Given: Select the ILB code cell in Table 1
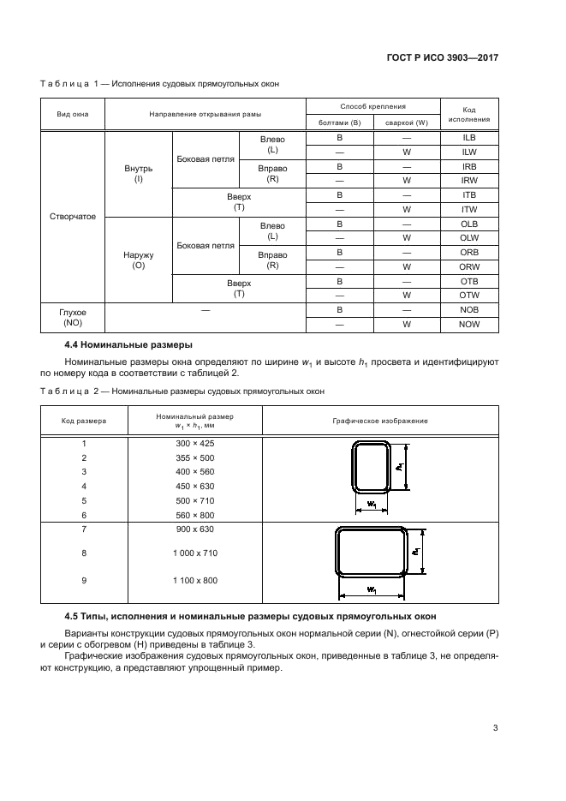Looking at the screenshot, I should [x=468, y=138].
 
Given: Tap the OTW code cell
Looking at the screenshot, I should [x=468, y=296].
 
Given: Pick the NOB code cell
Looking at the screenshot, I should [x=468, y=310].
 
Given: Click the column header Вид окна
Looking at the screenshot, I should [x=73, y=114].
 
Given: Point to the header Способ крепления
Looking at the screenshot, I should [x=372, y=106].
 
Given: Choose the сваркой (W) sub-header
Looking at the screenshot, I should [x=406, y=123].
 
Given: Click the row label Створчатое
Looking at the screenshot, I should [x=73, y=217].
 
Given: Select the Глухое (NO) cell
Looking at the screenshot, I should [x=73, y=318].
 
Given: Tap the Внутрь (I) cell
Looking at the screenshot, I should [x=138, y=174].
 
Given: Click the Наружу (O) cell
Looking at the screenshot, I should [x=138, y=260].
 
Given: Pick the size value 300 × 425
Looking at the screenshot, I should [x=195, y=444].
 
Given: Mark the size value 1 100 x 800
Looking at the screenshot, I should [x=195, y=580].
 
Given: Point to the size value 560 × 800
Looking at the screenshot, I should [x=195, y=515].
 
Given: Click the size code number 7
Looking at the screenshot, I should [x=84, y=529].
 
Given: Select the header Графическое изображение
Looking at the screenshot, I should [x=379, y=421].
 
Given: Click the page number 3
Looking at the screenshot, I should [x=495, y=729].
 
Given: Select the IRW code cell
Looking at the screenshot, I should [x=468, y=181].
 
